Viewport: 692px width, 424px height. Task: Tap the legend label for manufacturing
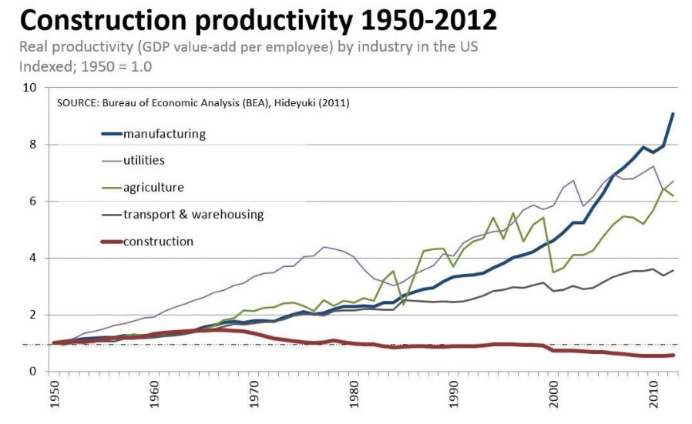point(164,133)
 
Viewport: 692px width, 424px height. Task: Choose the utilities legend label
point(144,160)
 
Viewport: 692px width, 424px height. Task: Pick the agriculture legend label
point(153,187)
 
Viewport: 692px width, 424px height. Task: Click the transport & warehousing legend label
point(193,214)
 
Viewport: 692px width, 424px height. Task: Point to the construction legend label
point(158,241)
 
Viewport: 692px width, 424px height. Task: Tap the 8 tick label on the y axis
point(32,145)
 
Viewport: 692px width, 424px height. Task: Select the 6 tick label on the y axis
point(32,202)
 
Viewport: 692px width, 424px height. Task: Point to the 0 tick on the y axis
point(32,372)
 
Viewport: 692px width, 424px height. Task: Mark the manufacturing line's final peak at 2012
point(673,114)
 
